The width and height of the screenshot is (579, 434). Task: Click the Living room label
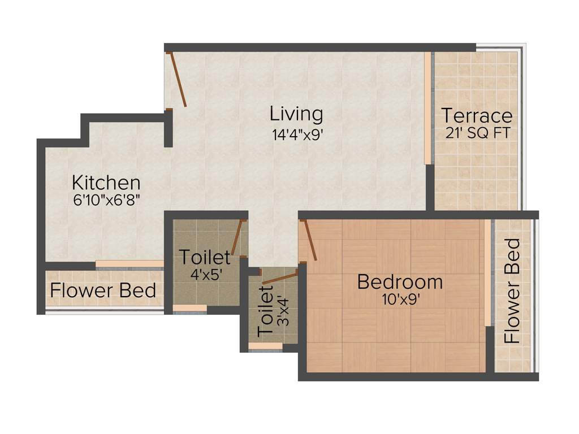296,114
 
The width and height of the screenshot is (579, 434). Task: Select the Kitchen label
106,183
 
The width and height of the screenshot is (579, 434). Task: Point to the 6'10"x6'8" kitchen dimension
106,199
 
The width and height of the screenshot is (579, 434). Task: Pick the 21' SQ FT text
477,133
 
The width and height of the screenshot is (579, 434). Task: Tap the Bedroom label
400,281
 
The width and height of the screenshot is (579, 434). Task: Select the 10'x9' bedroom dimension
400,299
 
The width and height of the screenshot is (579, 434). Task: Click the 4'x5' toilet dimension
205,274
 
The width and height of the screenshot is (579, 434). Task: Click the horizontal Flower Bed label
103,290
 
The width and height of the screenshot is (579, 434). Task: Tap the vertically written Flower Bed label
512,291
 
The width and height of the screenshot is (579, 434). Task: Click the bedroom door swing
310,241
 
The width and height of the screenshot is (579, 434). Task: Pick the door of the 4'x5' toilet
237,237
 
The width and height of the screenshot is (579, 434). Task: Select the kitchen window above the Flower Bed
129,264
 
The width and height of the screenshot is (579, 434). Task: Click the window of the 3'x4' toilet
265,346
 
